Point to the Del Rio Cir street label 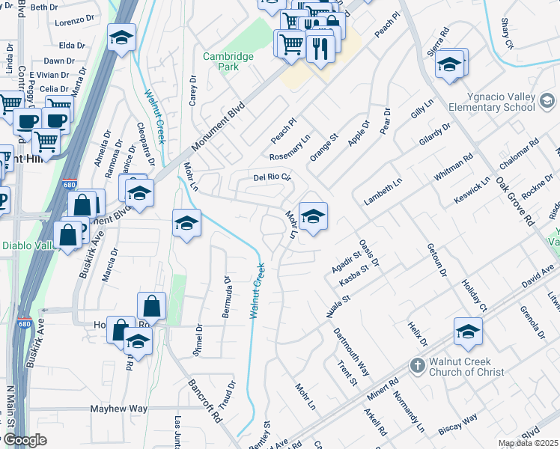point(271,177)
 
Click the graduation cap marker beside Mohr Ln point(313,216)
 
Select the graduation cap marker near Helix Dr point(468,332)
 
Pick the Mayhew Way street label point(119,409)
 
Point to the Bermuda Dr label point(226,296)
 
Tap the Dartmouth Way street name point(351,351)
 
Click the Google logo point(25,440)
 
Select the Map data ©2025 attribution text point(528,443)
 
